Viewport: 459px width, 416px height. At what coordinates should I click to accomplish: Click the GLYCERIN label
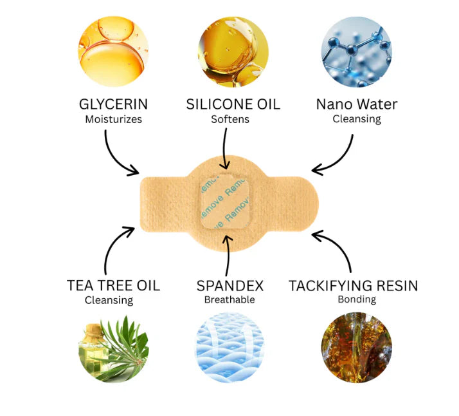click(x=113, y=104)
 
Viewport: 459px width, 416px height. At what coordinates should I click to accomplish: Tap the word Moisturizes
click(x=113, y=119)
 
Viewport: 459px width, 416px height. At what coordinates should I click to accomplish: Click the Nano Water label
click(x=357, y=104)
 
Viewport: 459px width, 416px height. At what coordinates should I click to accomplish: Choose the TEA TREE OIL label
click(x=113, y=285)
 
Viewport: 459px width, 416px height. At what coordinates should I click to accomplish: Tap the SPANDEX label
click(x=230, y=285)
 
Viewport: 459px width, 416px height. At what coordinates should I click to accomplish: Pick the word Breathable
click(x=230, y=299)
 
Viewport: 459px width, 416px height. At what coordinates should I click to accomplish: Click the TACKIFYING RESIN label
click(x=353, y=285)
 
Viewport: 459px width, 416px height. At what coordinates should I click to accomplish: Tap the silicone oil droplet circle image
click(x=229, y=51)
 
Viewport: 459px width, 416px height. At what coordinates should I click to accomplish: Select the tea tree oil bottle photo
click(x=113, y=348)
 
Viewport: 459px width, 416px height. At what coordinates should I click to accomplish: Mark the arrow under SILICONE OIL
click(x=225, y=148)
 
